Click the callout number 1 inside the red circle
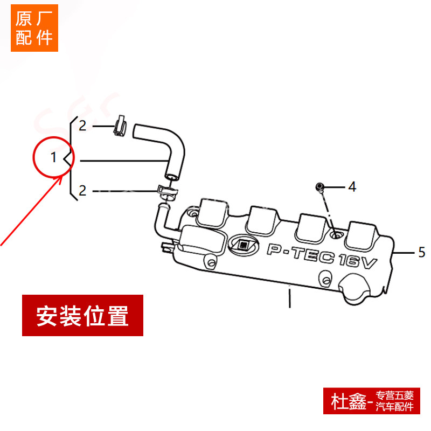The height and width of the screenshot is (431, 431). [x=53, y=157]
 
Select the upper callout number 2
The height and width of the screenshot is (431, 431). [x=82, y=126]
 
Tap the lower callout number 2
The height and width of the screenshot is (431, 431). [x=82, y=190]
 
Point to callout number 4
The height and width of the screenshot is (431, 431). [x=352, y=187]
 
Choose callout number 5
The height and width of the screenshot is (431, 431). [x=422, y=251]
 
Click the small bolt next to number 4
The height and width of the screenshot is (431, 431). [x=320, y=187]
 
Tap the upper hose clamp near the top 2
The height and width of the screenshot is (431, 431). [x=121, y=126]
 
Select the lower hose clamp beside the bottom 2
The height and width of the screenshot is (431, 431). [x=166, y=191]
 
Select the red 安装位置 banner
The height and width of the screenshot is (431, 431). [x=82, y=315]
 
